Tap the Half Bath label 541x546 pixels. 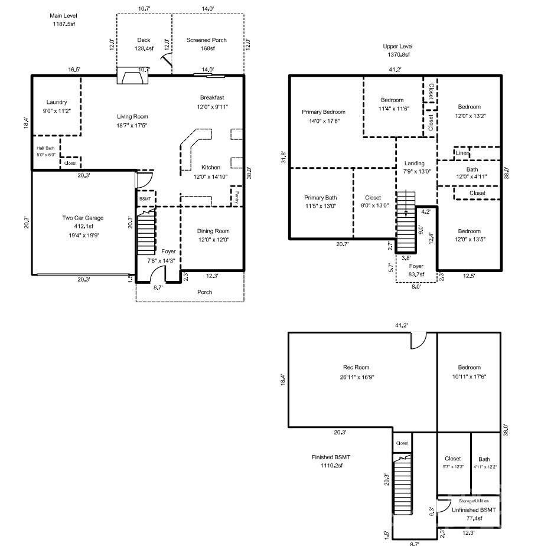click(x=45, y=151)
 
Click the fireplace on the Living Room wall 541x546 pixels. click(x=128, y=77)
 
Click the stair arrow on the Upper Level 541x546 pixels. click(x=405, y=212)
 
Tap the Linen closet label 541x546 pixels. click(x=462, y=153)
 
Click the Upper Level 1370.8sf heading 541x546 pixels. click(x=397, y=50)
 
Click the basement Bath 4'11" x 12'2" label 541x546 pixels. click(x=484, y=462)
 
